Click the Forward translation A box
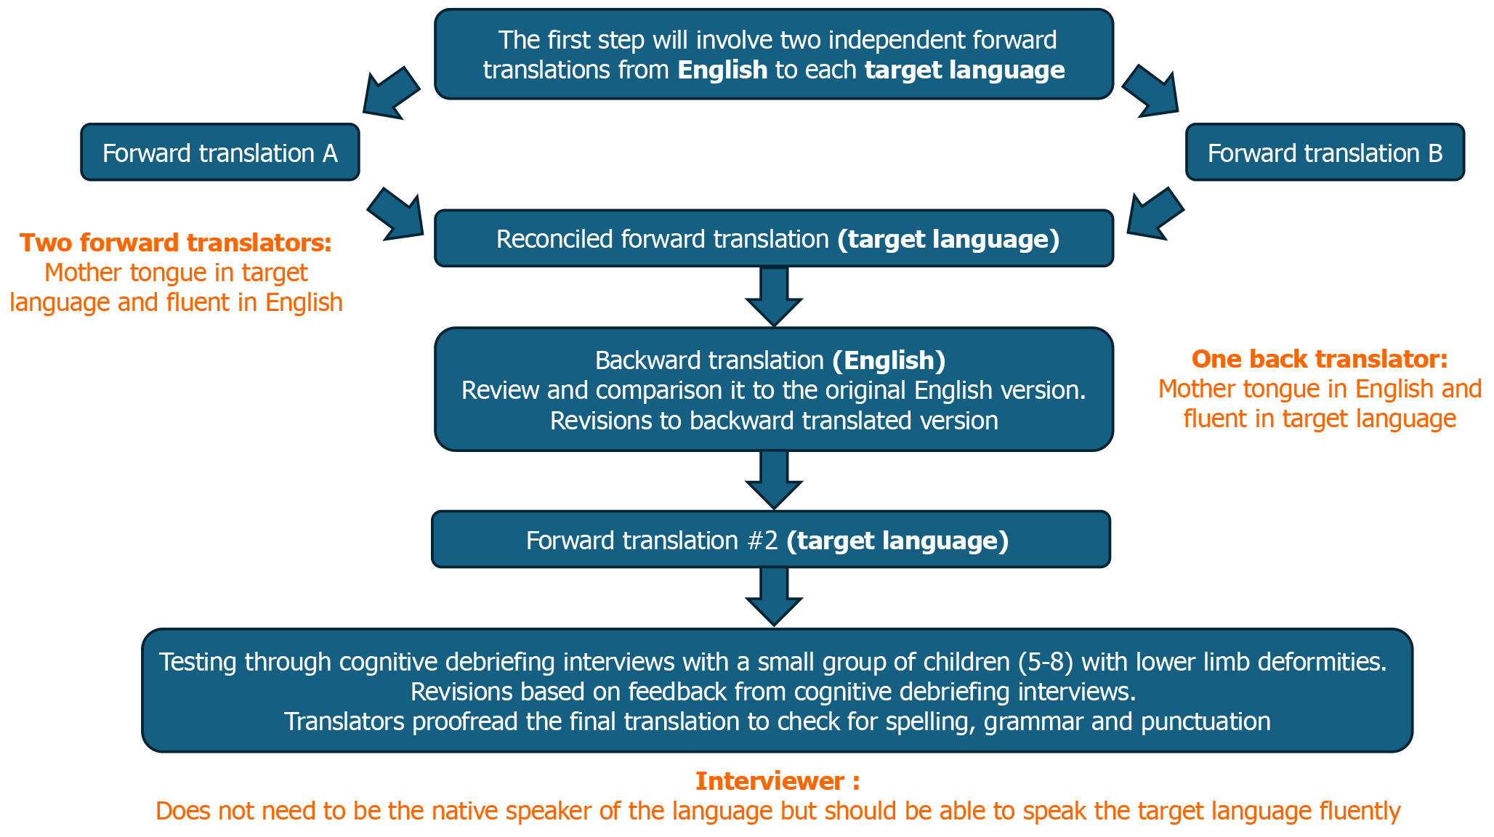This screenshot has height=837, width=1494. pos(219,153)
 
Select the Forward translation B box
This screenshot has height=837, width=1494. pos(1325,153)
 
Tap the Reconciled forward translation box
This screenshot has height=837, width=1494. pos(774,239)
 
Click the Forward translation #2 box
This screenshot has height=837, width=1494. pos(771,540)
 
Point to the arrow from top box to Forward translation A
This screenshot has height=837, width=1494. pos(390,93)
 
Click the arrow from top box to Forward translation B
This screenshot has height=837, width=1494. pos(1151,92)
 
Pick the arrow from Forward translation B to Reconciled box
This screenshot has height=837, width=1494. pos(1155,214)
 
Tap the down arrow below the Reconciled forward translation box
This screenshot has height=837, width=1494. pos(774,296)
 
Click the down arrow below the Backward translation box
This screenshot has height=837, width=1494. pos(774,479)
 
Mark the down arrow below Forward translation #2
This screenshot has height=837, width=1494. pos(774,595)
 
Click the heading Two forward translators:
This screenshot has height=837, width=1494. pos(176,243)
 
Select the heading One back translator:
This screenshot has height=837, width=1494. pos(1320,359)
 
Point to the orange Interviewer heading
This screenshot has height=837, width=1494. pos(778,781)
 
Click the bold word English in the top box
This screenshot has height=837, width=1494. pos(722,70)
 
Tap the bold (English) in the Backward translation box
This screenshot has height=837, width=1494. pos(889,360)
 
